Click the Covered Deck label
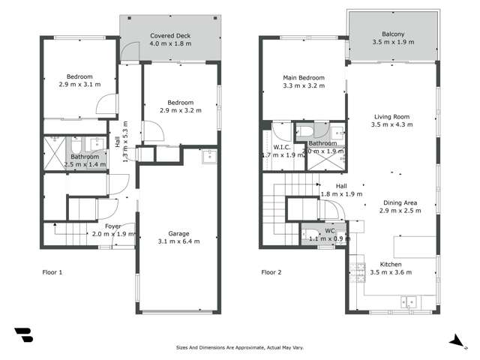tap(170, 36)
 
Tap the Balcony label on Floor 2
tap(393, 34)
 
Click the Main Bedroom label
tap(304, 78)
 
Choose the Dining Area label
tap(398, 202)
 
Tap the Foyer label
tap(113, 226)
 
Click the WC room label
tap(324, 231)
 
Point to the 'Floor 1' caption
tap(52, 272)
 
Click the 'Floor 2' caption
tap(271, 272)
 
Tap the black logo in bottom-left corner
tap(23, 335)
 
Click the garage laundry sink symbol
tap(209, 156)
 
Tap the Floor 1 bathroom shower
tap(55, 153)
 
